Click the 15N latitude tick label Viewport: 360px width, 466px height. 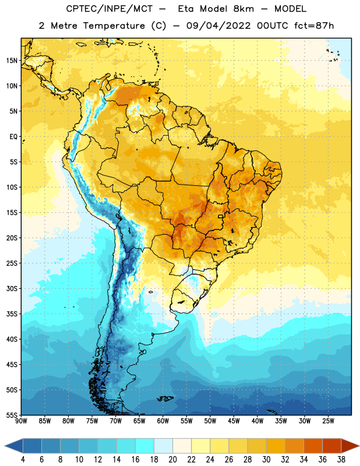coord(12,61)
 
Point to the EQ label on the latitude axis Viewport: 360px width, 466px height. coord(13,137)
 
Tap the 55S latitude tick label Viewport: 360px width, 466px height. coord(12,415)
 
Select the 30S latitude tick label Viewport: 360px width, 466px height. coord(12,288)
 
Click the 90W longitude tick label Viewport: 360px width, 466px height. coord(22,421)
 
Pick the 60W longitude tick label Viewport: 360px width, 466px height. coord(163,421)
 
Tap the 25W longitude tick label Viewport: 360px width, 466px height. coord(328,421)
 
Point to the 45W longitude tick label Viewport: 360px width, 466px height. coord(234,421)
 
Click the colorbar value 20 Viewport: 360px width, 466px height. coord(172,460)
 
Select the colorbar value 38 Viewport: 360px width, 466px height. coord(341,460)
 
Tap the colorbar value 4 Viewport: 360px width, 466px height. coord(23,460)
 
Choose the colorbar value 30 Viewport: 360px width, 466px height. coord(266,460)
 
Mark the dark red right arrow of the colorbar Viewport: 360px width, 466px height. coord(350,446)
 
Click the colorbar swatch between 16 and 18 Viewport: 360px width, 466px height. coord(144,446)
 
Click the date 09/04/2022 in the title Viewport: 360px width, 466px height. coord(218,26)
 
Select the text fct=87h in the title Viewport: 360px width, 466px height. coord(314,26)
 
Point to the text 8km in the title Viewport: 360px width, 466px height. coord(243,9)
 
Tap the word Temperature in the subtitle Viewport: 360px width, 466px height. coord(114,26)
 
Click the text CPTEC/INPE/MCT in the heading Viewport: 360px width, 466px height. coord(110,9)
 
